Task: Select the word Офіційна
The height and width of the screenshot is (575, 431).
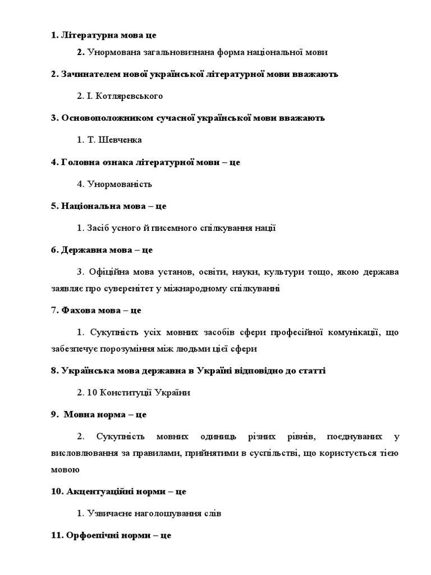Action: pyautogui.click(x=109, y=272)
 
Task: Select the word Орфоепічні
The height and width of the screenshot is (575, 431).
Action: pyautogui.click(x=92, y=535)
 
